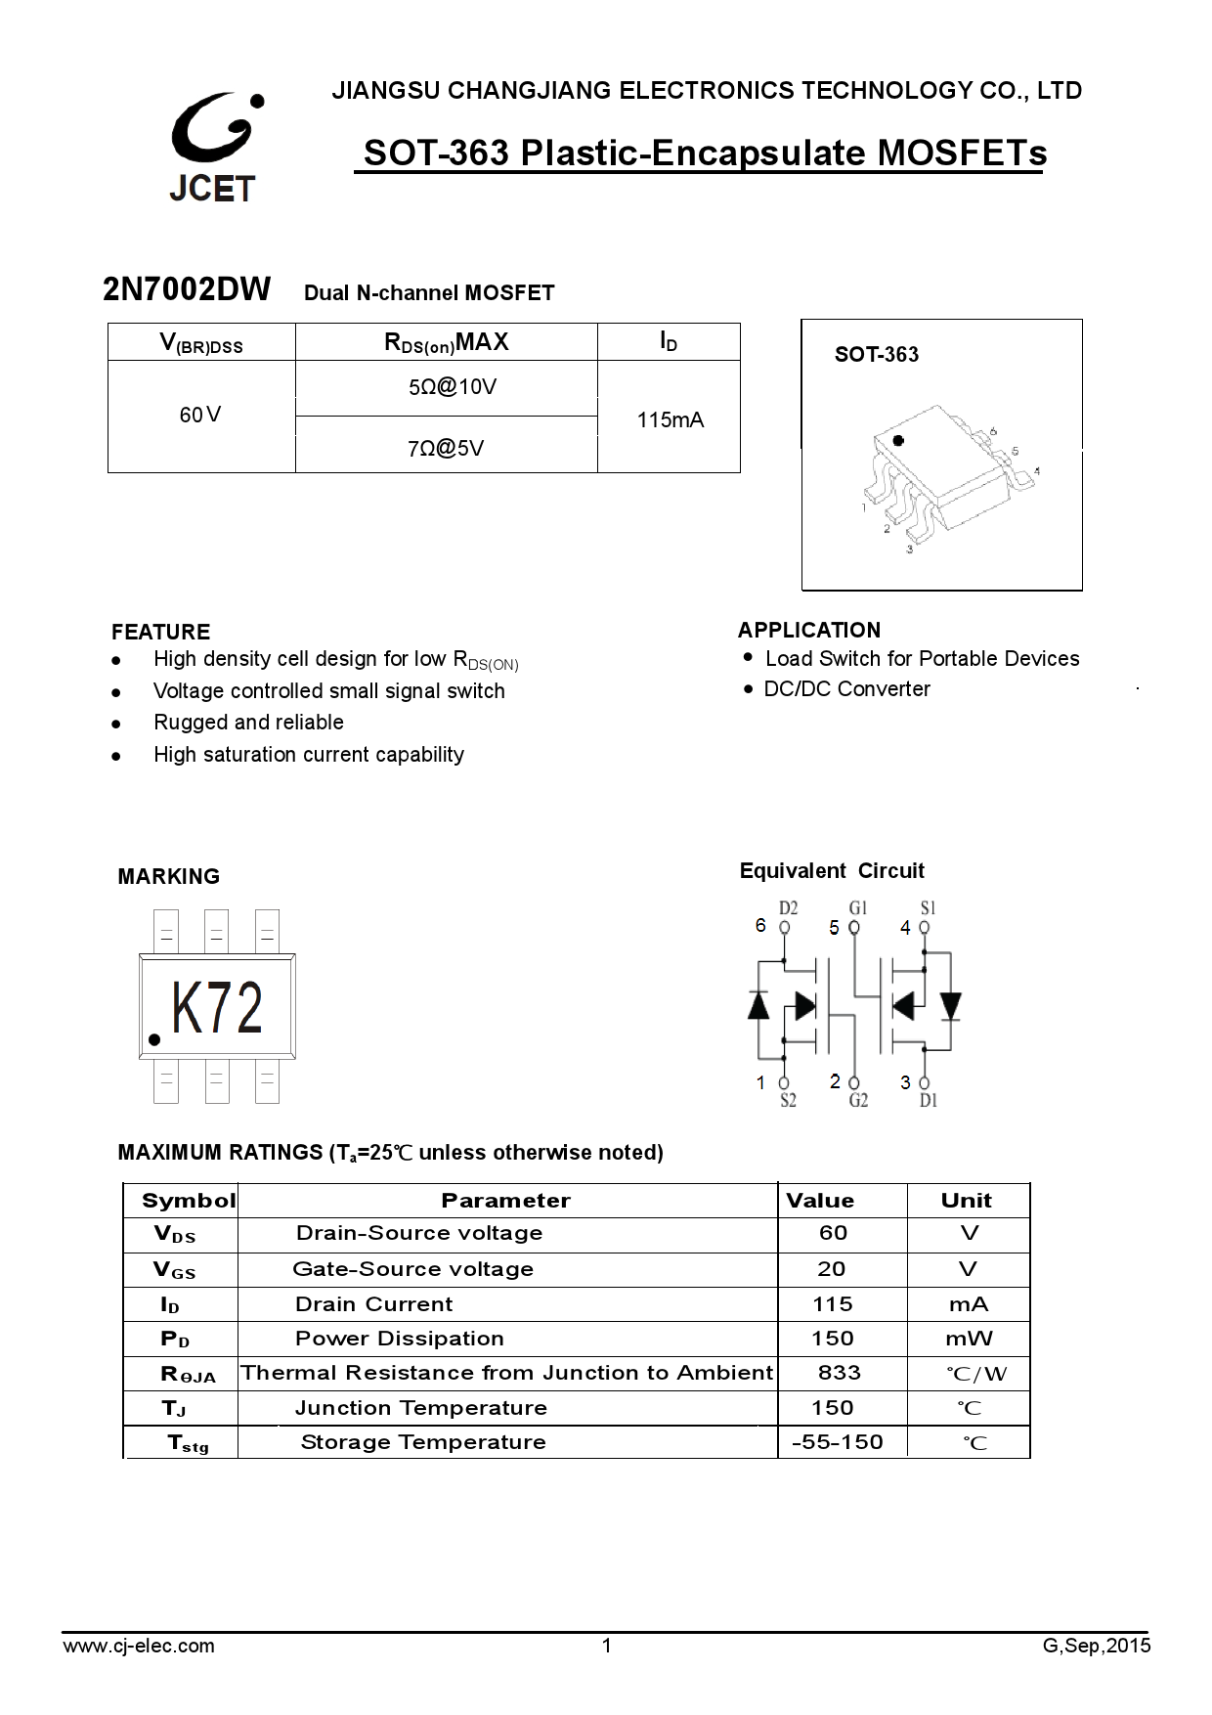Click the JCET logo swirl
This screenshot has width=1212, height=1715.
tap(213, 132)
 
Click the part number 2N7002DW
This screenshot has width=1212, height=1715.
tap(187, 290)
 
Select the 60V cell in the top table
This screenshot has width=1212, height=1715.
tap(200, 416)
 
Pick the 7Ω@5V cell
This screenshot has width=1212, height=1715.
tap(446, 449)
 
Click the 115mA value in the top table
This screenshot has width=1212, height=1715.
tap(670, 420)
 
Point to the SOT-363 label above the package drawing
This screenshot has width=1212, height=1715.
tap(876, 355)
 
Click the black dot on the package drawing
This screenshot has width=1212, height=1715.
tap(898, 441)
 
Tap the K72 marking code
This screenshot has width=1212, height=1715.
tap(217, 1009)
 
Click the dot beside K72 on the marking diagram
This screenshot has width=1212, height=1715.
tap(153, 1039)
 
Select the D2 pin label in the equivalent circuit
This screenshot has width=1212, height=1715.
tap(788, 908)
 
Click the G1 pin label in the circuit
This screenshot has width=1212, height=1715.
tap(858, 908)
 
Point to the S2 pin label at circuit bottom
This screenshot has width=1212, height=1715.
tap(788, 1101)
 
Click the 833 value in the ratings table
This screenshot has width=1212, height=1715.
tap(839, 1373)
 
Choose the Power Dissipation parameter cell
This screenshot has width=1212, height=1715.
tap(400, 1339)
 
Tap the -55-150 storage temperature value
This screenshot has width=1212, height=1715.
tap(837, 1442)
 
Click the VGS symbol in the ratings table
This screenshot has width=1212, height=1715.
tap(175, 1270)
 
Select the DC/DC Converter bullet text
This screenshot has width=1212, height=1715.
tap(846, 689)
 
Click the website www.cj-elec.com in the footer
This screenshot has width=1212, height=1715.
tap(139, 1646)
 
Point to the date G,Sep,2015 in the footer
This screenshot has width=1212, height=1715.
tap(1097, 1646)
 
